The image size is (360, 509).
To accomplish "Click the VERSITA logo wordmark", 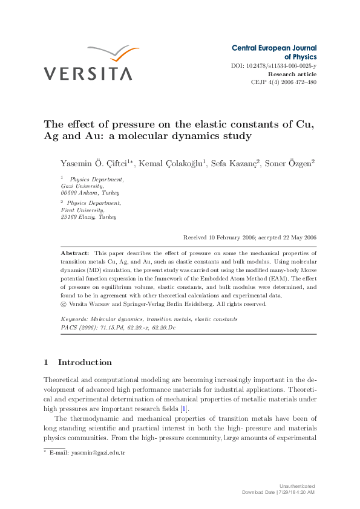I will pyautogui.click(x=87, y=74).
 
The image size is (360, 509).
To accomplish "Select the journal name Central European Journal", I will pyautogui.click(x=274, y=47).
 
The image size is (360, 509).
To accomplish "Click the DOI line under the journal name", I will pyautogui.click(x=273, y=65).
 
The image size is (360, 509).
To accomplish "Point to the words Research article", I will pyautogui.click(x=292, y=74).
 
